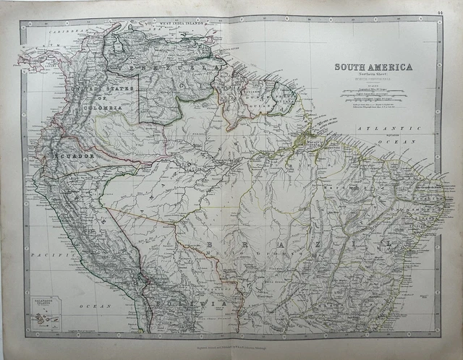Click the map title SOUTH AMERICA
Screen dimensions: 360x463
click(x=373, y=67)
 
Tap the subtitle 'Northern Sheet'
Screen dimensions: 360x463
click(x=373, y=74)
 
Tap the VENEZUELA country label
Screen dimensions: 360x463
click(x=166, y=67)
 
